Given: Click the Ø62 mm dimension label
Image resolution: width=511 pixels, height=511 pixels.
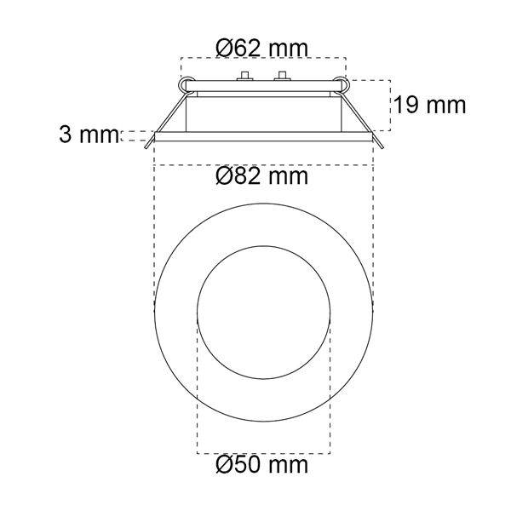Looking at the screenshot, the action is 261,49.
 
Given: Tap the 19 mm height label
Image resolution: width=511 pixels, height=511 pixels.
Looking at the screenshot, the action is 430,105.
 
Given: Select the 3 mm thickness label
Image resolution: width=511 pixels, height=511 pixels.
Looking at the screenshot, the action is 89,135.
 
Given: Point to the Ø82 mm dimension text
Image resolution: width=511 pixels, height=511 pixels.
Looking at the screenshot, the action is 261,176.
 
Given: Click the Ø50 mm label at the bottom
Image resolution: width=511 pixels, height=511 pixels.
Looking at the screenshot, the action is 261,465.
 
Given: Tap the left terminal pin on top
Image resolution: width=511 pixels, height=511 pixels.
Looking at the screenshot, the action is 245,76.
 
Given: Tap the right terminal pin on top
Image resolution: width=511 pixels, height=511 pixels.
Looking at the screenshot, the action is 282,76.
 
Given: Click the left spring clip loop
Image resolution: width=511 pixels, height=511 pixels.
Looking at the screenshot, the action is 187,85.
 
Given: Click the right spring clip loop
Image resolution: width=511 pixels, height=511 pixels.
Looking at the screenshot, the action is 341,85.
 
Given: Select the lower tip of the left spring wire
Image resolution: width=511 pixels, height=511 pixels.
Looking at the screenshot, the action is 146,148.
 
